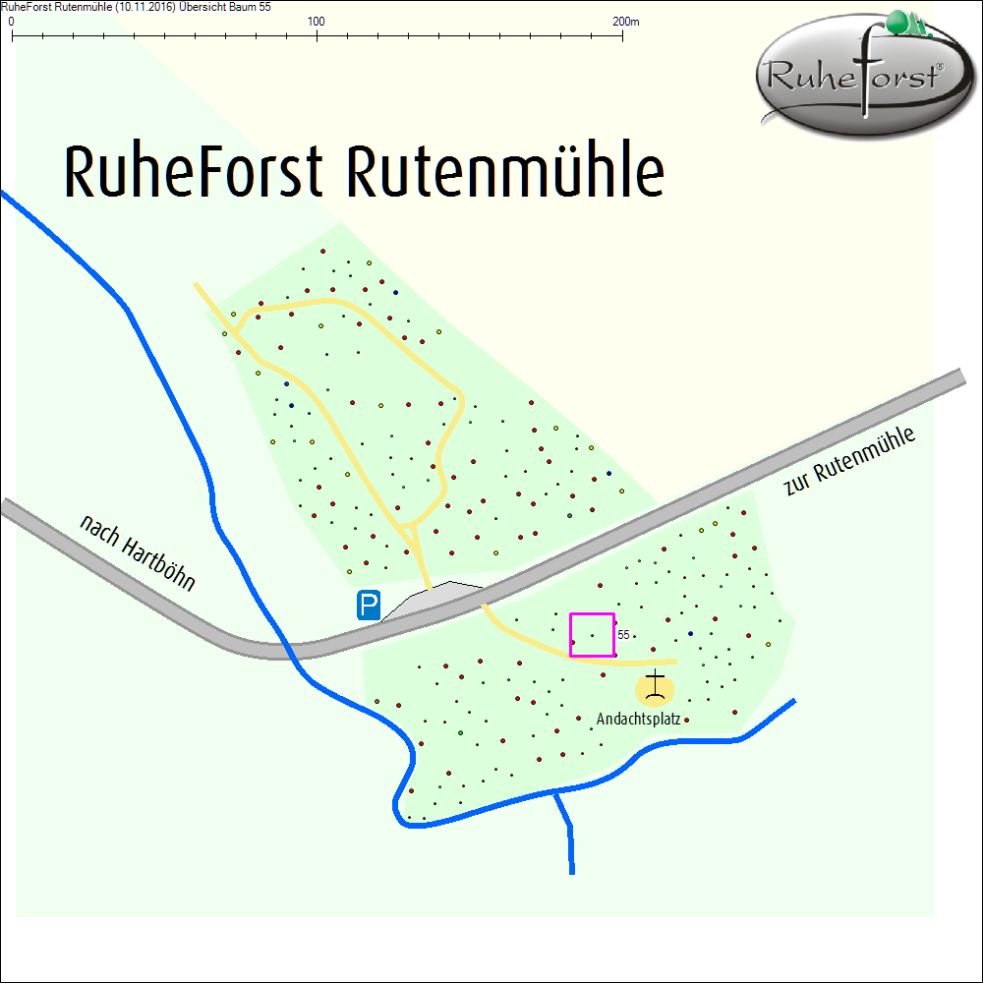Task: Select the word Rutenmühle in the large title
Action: pos(505,173)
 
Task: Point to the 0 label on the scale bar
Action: pos(11,21)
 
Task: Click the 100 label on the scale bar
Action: pos(317,21)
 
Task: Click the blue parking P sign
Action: pos(369,605)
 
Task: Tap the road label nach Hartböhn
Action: pos(138,553)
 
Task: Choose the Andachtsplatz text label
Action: pos(638,720)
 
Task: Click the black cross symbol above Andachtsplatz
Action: pos(656,685)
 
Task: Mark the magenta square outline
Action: pos(593,614)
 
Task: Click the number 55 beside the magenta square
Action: pos(623,635)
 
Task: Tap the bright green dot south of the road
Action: pos(460,733)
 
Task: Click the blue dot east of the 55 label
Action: pos(691,632)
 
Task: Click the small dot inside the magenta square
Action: pos(592,635)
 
